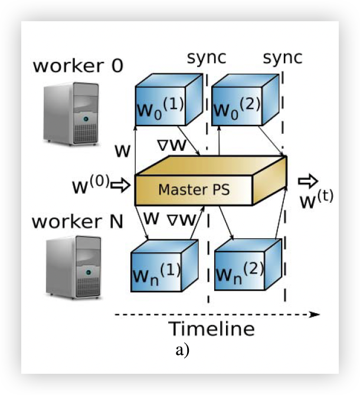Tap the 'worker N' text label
77,222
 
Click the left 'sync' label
207,58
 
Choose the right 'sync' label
282,58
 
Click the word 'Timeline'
212,328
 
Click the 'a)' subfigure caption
182,351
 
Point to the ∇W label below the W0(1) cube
173,144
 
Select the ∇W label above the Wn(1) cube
181,220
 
